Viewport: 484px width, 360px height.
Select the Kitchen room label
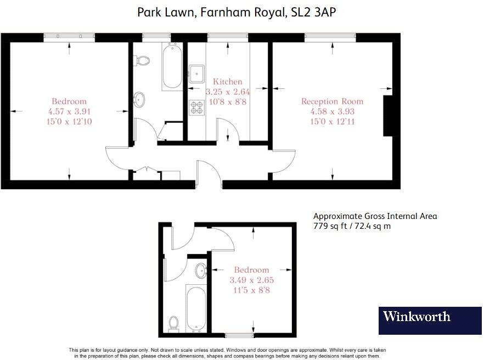tap(228, 82)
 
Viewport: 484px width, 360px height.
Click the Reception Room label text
tap(332, 101)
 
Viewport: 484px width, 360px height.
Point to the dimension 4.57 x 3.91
tap(69, 111)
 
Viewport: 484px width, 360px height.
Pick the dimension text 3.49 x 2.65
tap(251, 280)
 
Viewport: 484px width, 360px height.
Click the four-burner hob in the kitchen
tap(196, 108)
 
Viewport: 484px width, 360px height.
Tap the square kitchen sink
tap(196, 73)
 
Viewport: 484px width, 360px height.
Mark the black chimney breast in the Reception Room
tap(388, 116)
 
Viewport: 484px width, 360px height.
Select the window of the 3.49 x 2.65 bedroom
tap(239, 335)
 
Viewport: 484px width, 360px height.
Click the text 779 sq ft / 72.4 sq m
tap(351, 226)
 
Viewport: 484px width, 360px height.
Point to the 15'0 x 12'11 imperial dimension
tap(332, 121)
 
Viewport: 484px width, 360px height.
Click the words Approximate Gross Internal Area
tap(375, 216)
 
